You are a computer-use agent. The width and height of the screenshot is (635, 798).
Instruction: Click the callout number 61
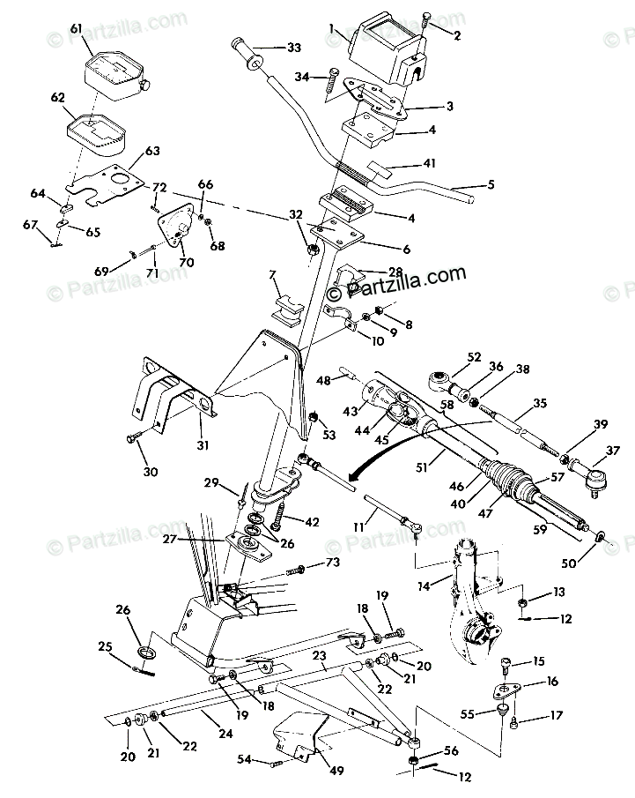click(x=77, y=29)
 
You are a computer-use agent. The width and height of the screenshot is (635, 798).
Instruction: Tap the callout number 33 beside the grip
click(x=292, y=46)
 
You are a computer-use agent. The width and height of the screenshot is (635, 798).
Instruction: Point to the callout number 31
click(x=203, y=445)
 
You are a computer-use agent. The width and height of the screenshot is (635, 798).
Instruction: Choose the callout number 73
click(x=332, y=562)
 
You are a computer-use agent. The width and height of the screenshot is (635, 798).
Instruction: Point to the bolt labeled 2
click(x=427, y=19)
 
